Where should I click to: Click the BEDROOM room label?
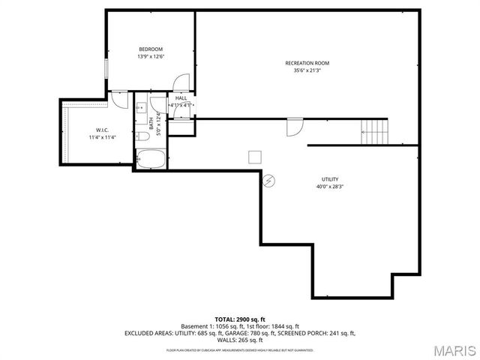coord(150,49)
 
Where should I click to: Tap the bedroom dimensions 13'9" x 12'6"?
coord(150,57)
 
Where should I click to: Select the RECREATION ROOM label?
coord(307,63)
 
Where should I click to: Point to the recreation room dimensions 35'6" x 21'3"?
coord(307,70)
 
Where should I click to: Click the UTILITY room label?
coord(330,179)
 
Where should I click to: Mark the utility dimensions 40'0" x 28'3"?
coord(330,187)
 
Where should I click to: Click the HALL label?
coord(181,97)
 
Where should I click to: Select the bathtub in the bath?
coord(151,158)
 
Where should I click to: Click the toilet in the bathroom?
coord(141,136)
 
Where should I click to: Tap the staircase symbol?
coord(376,132)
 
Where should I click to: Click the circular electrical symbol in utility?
coord(269,180)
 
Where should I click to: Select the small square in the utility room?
coord(256,156)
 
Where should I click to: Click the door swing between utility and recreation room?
coord(295,127)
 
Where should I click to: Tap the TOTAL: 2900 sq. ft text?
coord(240,319)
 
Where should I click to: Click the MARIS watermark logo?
coord(454,349)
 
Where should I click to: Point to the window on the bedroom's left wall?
coord(106,67)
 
